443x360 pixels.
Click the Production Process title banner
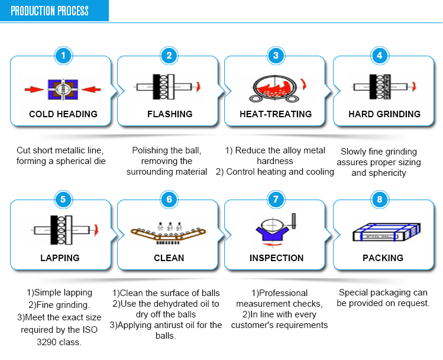pyautogui.click(x=50, y=11)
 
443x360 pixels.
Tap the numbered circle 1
pyautogui.click(x=63, y=56)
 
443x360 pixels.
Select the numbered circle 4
pyautogui.click(x=380, y=56)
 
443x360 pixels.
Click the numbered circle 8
pyautogui.click(x=380, y=199)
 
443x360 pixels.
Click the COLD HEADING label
pyautogui.click(x=63, y=114)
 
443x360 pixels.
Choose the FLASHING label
pyautogui.click(x=170, y=114)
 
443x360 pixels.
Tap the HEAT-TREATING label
pyautogui.click(x=276, y=114)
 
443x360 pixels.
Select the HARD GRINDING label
pyautogui.click(x=384, y=114)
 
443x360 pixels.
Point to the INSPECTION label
pyautogui.click(x=276, y=258)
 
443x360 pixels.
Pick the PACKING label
pyautogui.click(x=383, y=258)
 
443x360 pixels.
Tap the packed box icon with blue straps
pyautogui.click(x=380, y=232)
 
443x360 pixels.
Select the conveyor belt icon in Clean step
pyautogui.click(x=169, y=233)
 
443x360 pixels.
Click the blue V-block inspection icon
pyautogui.click(x=272, y=230)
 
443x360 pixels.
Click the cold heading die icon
pyautogui.click(x=63, y=89)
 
